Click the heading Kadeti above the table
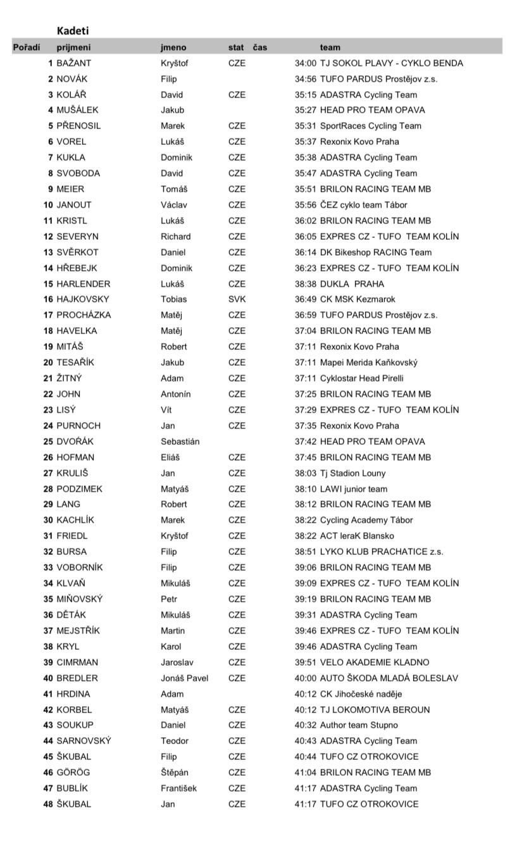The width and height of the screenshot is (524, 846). point(73,30)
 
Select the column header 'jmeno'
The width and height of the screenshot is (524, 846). point(173,47)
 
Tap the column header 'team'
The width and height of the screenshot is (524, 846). point(330,47)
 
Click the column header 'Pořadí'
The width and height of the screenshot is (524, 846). point(27,47)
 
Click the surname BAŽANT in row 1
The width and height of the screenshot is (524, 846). point(74,63)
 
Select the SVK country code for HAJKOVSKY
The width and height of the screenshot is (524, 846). point(237,299)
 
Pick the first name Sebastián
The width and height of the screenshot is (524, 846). point(180,442)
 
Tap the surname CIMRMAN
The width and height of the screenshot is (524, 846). point(77,662)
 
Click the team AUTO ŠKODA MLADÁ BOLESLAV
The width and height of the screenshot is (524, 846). point(389,678)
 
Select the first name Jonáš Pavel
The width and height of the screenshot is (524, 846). point(184,678)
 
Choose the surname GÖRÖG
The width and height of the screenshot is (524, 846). point(73,773)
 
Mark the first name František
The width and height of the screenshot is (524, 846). point(181,788)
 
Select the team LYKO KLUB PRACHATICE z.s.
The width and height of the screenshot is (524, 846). point(382,552)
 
